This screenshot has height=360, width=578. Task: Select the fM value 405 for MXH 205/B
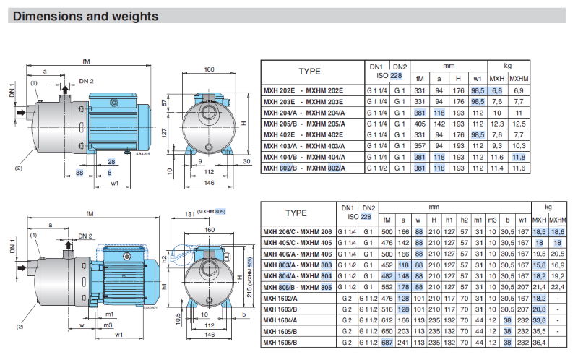(x=420, y=124)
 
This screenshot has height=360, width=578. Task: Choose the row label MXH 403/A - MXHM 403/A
(x=303, y=146)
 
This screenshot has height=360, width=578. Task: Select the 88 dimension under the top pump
(x=79, y=173)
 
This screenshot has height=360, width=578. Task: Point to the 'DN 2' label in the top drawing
(x=86, y=80)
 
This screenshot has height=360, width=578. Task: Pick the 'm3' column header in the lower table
(x=491, y=220)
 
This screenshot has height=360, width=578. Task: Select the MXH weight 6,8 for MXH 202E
(x=497, y=90)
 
